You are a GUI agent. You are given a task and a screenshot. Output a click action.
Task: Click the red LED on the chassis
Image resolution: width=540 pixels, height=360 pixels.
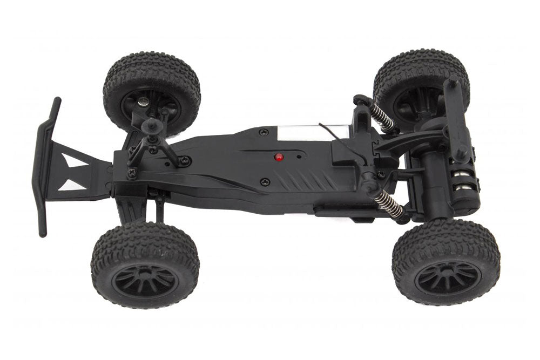[279, 157]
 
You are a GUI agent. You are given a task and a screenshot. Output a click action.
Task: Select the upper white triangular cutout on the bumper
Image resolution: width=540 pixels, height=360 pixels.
[73, 160]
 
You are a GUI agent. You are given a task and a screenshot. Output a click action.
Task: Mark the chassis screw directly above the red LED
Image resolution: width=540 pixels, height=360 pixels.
[263, 132]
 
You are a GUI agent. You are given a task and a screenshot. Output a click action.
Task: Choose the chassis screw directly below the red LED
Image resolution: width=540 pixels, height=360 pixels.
[264, 182]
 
